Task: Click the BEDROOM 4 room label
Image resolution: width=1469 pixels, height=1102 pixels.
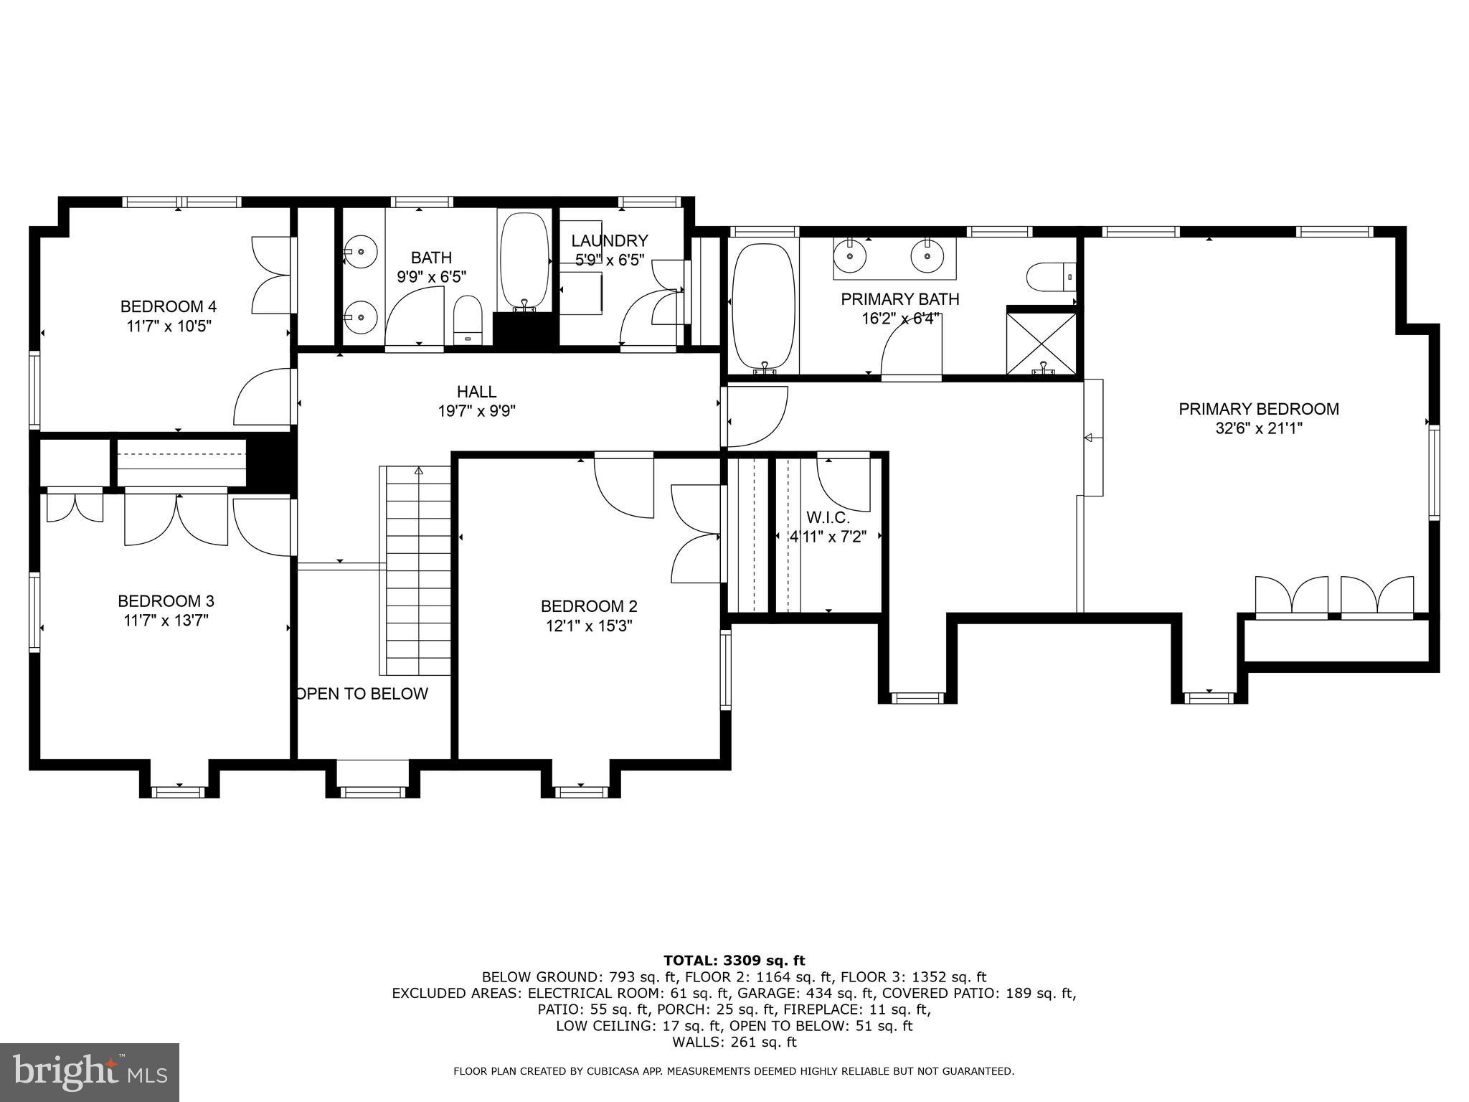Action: click(x=168, y=306)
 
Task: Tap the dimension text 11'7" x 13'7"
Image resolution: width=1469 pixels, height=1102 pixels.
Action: click(x=165, y=620)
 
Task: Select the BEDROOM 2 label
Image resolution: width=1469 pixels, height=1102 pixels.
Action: click(x=588, y=606)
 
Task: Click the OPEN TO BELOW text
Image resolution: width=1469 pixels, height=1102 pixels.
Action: click(x=362, y=694)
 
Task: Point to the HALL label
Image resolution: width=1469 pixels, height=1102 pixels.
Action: click(x=476, y=392)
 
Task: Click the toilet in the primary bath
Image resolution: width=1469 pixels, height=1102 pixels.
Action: click(x=1050, y=277)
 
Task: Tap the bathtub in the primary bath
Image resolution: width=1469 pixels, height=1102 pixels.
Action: click(x=762, y=306)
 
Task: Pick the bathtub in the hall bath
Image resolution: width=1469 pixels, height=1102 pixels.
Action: click(x=525, y=260)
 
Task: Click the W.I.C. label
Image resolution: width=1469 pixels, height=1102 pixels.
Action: click(x=828, y=517)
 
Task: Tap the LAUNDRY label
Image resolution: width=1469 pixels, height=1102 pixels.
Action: click(x=610, y=241)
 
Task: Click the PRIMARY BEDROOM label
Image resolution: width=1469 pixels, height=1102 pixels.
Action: click(x=1258, y=409)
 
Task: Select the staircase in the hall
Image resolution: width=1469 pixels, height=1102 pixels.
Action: click(x=418, y=570)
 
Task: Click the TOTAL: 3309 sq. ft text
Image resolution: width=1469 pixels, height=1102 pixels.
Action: click(x=734, y=961)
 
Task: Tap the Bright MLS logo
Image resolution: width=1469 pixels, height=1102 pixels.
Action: click(x=90, y=1072)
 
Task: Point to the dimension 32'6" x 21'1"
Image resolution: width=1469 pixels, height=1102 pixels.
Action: click(x=1258, y=428)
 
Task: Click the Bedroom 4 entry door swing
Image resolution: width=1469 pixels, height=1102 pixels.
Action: click(x=262, y=398)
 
